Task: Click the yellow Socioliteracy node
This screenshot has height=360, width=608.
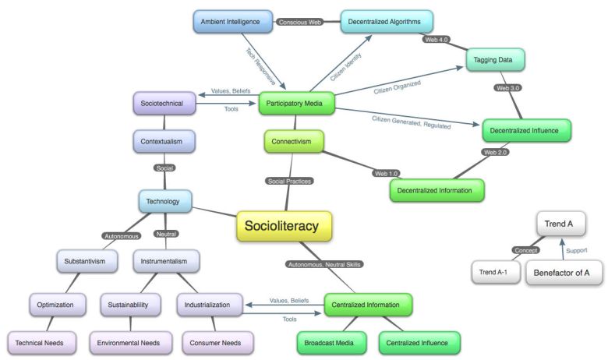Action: click(284, 226)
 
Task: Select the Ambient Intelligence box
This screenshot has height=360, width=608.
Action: click(232, 22)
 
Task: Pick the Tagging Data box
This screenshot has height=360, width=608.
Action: click(494, 60)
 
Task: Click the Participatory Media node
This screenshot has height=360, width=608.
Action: click(297, 103)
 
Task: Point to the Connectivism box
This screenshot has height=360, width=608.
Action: click(292, 143)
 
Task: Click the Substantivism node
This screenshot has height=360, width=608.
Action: click(86, 261)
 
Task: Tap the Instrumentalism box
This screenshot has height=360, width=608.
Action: click(165, 261)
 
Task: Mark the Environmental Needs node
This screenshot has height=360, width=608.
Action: click(129, 341)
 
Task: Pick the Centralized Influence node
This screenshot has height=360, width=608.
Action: click(419, 342)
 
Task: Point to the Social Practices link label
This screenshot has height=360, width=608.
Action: click(289, 181)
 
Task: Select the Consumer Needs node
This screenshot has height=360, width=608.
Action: click(218, 341)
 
